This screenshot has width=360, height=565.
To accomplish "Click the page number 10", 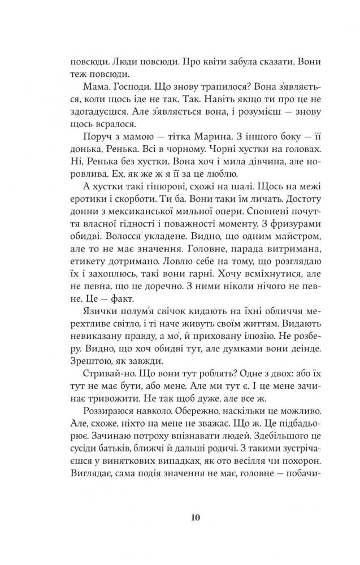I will (180, 517).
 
